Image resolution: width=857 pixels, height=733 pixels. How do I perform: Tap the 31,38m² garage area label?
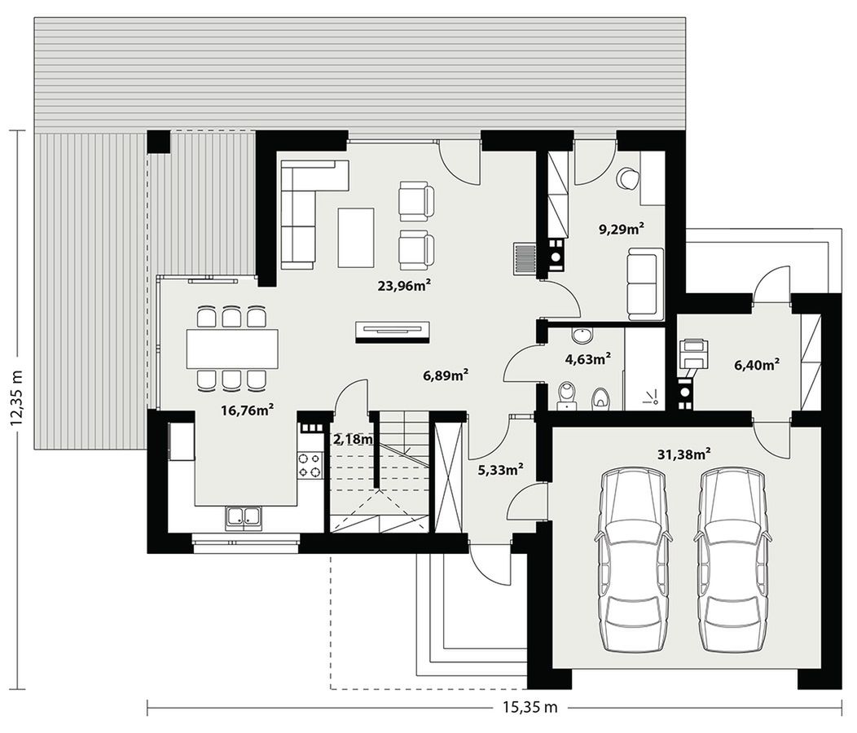(x=684, y=454)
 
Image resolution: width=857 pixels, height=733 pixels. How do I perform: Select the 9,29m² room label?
(x=621, y=229)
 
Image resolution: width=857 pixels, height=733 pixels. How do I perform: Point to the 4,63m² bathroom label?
(x=587, y=359)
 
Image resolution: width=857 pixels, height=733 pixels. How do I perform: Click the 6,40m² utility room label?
(x=757, y=365)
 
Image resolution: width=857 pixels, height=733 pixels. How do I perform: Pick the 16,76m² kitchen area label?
(x=247, y=410)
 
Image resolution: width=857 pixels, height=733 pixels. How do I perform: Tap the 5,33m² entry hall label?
(x=501, y=469)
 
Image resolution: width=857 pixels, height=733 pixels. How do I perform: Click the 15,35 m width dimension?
(x=530, y=707)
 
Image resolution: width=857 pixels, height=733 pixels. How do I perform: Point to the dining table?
(x=232, y=349)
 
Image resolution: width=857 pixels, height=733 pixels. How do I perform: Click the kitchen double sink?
(x=243, y=518)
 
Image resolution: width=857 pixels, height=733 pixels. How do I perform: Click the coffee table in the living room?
(x=356, y=237)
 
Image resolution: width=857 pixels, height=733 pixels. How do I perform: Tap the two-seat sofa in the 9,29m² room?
(x=645, y=283)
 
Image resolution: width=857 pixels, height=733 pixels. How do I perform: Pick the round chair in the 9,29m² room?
(x=627, y=178)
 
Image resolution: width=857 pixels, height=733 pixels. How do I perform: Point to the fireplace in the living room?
(x=393, y=332)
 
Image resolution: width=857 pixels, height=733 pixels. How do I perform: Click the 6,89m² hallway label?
(x=446, y=375)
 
